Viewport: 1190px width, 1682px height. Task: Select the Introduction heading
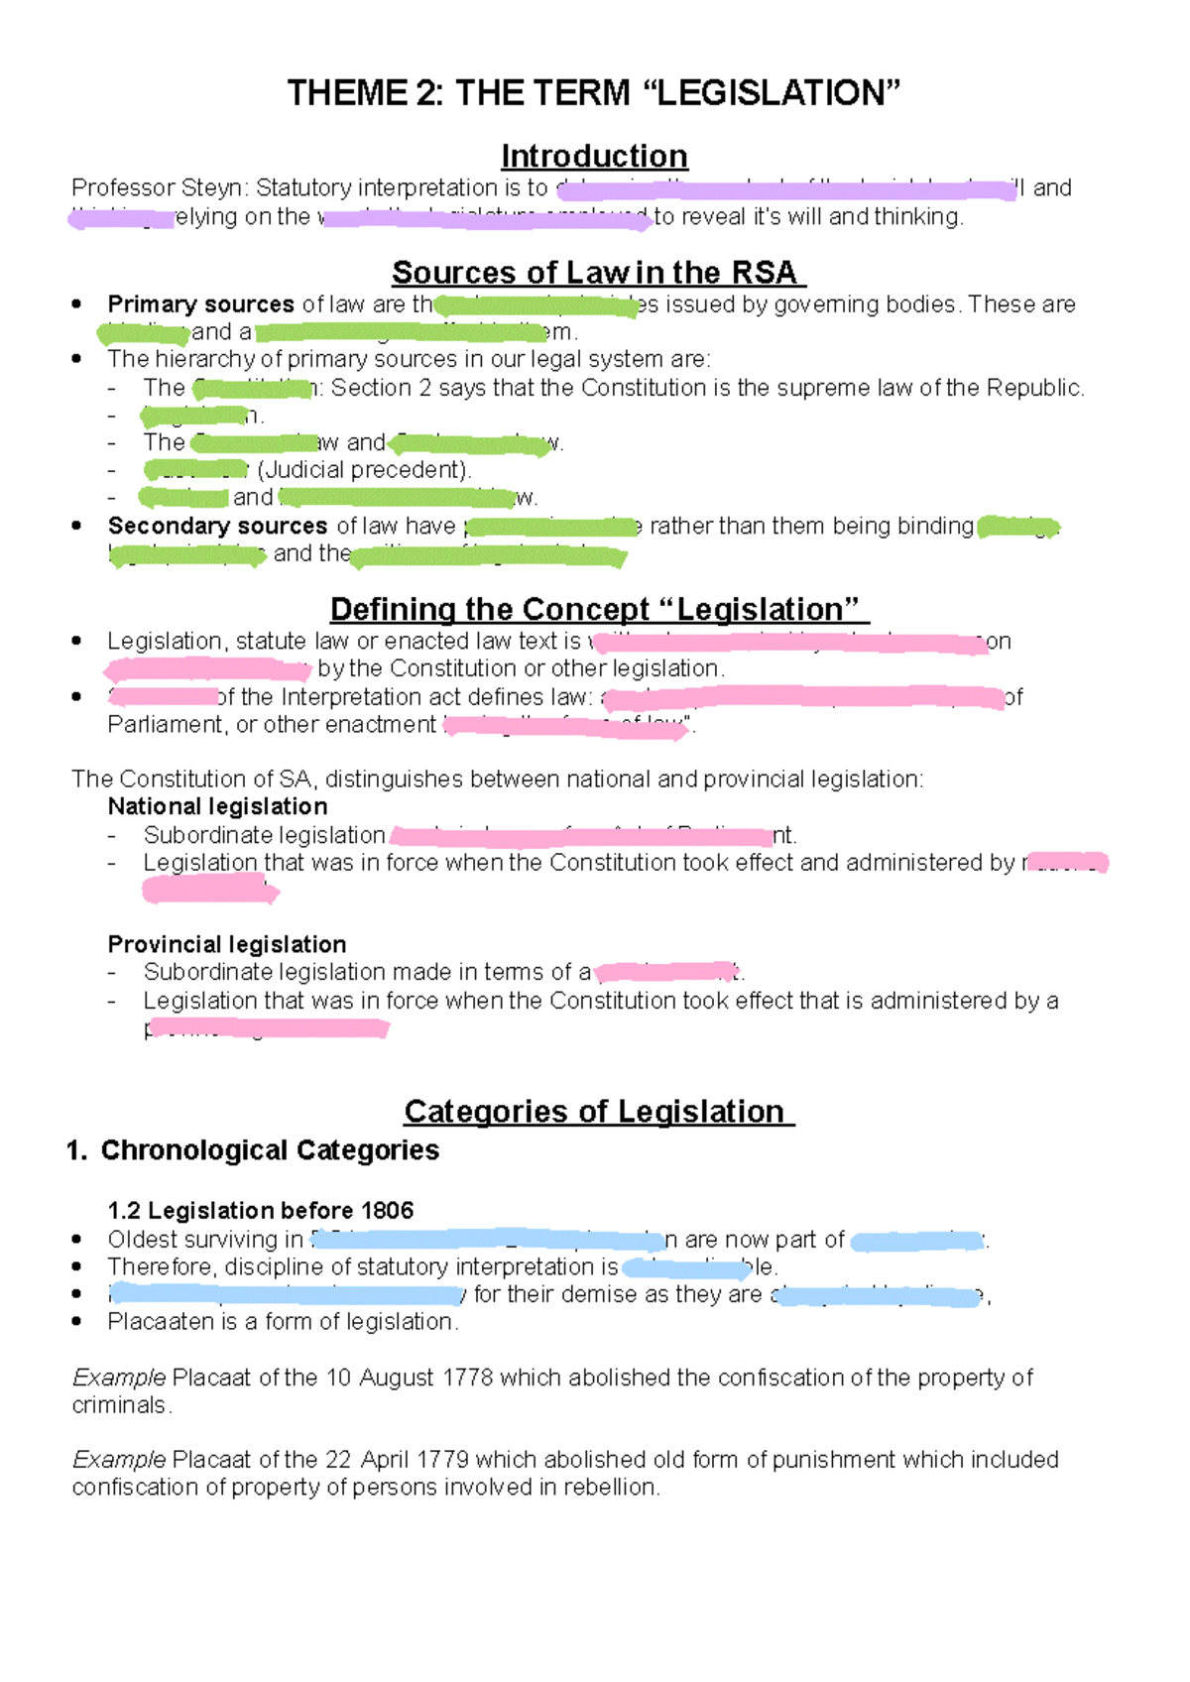click(594, 156)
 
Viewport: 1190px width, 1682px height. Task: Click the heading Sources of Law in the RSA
click(598, 272)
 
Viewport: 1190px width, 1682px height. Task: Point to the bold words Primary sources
click(200, 303)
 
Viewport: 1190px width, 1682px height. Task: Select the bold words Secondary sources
click(217, 526)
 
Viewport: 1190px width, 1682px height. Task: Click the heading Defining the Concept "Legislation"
click(598, 609)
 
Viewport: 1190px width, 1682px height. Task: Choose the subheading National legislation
click(217, 806)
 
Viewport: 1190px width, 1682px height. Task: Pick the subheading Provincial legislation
click(227, 944)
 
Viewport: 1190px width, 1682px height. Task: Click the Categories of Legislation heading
click(598, 1111)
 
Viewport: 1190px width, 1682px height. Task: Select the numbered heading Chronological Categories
click(270, 1149)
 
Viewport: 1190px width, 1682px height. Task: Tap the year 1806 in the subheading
click(387, 1210)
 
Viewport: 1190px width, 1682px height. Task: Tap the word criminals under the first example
click(120, 1405)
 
